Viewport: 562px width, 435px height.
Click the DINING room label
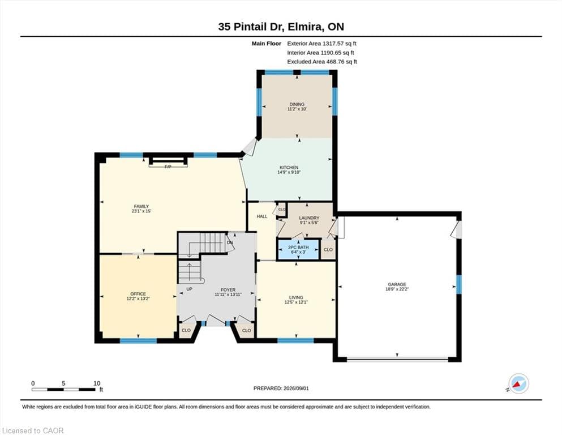click(297, 104)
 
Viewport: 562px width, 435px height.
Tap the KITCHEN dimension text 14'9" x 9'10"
click(289, 172)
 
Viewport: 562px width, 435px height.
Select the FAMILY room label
click(141, 207)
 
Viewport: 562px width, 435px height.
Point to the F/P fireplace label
click(168, 167)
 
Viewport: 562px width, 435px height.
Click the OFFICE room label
click(138, 294)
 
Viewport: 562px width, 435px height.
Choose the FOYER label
click(228, 290)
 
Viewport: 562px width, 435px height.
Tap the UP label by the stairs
click(189, 289)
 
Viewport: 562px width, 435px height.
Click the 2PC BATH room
click(298, 250)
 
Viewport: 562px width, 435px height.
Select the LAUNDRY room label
click(309, 218)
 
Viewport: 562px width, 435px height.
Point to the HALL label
click(262, 216)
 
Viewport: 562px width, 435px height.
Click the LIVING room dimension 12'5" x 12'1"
click(296, 302)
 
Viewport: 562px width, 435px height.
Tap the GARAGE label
click(397, 284)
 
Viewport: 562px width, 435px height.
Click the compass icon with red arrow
click(518, 383)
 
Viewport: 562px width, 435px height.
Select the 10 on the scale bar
click(97, 383)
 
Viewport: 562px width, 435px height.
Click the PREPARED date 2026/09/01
click(296, 389)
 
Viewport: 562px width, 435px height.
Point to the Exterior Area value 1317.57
click(333, 44)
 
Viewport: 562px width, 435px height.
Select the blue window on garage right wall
click(458, 284)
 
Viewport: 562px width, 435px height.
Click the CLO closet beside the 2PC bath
click(328, 250)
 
